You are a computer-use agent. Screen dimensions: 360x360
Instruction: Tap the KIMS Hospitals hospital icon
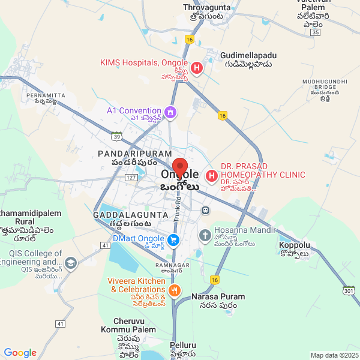(x=197, y=68)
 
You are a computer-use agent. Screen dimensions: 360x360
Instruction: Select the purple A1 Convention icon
(x=170, y=112)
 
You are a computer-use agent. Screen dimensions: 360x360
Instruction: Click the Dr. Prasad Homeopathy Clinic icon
(x=212, y=176)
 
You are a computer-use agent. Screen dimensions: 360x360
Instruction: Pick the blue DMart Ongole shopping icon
(x=173, y=240)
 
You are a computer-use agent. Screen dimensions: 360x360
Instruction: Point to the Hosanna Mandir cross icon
(x=205, y=235)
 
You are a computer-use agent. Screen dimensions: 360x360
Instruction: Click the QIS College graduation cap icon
(x=71, y=263)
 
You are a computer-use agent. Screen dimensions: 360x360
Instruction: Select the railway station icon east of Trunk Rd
(x=206, y=211)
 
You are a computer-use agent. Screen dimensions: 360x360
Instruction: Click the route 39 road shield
(x=118, y=136)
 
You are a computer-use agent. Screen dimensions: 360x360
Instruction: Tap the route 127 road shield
(x=131, y=178)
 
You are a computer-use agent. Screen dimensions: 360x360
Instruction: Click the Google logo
(x=20, y=353)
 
